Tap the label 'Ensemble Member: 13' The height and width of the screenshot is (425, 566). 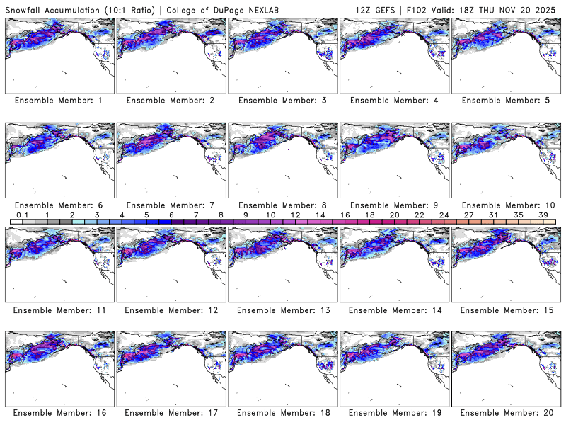tap(283, 310)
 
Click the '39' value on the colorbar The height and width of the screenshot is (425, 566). tap(543, 215)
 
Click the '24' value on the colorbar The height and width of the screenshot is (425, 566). tap(444, 215)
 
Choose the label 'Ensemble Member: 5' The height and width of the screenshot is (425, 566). tap(507, 101)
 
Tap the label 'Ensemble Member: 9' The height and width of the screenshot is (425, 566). tap(395, 205)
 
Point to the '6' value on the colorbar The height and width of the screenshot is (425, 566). tap(171, 215)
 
